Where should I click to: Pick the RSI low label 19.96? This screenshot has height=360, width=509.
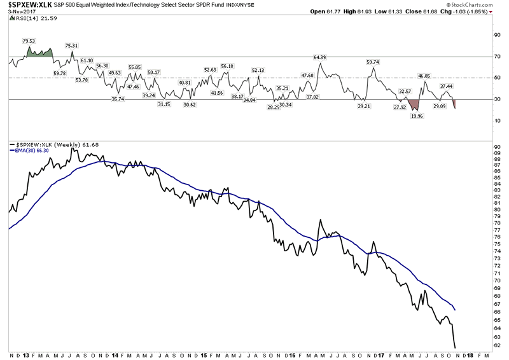point(417,116)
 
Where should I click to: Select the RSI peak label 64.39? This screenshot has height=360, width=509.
point(320,57)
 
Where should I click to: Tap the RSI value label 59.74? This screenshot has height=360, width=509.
point(373,62)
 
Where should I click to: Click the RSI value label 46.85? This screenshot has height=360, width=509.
point(424,76)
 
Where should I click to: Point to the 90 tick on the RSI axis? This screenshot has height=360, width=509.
point(497,35)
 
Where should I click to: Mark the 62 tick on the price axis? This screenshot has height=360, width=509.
point(496,345)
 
